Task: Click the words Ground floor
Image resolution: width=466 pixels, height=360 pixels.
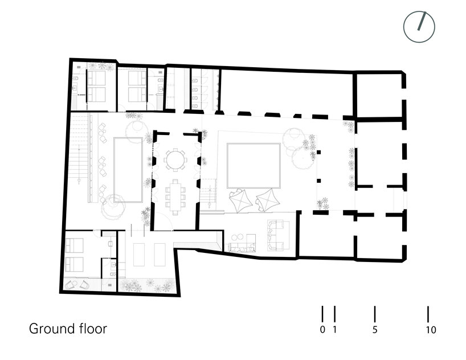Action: tap(67, 329)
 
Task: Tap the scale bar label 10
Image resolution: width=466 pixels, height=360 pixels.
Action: tap(431, 330)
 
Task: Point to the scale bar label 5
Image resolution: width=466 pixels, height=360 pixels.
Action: tap(375, 330)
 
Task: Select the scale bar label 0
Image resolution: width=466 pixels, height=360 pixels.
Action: tap(322, 330)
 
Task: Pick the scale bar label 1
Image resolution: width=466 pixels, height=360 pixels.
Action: tap(335, 330)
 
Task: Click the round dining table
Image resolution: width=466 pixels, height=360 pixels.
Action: tap(175, 159)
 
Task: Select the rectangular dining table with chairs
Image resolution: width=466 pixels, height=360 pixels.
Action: tap(175, 195)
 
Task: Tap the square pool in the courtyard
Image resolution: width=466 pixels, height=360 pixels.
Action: tap(254, 166)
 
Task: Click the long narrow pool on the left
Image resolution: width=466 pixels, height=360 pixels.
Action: tap(128, 170)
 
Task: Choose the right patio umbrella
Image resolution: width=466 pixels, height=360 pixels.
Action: tap(267, 201)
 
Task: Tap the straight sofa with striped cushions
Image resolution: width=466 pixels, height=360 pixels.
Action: tap(242, 247)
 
